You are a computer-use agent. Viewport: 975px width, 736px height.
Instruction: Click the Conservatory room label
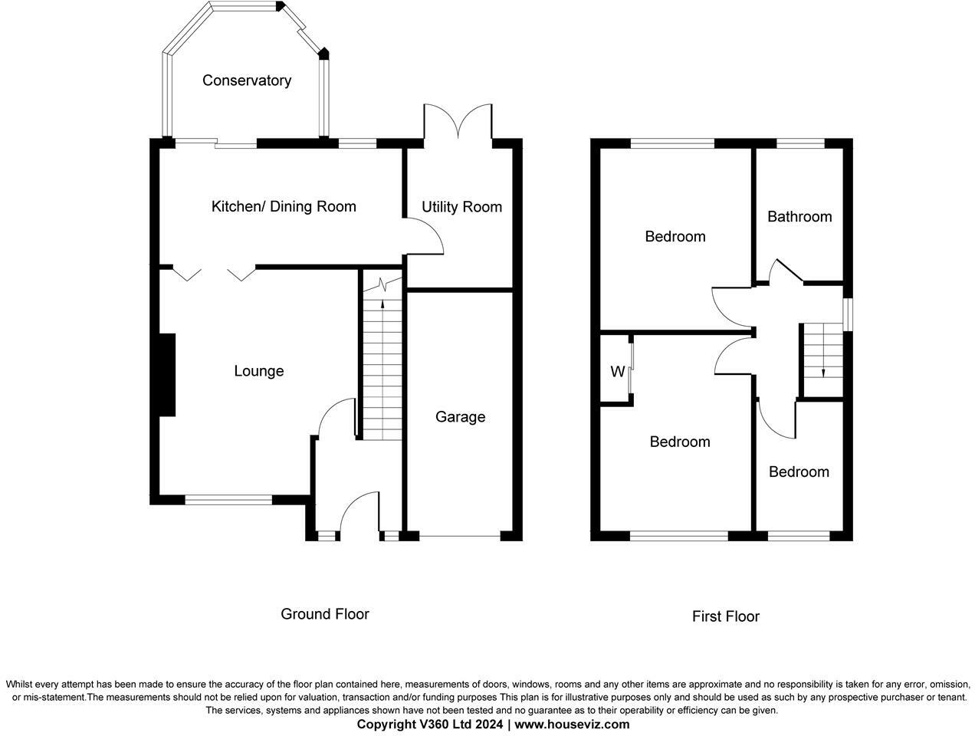247,80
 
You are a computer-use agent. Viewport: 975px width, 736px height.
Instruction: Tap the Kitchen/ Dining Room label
284,206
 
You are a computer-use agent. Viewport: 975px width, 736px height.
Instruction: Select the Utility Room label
461,207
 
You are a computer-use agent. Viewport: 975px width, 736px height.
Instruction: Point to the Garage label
460,417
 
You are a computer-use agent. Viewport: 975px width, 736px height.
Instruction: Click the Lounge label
258,371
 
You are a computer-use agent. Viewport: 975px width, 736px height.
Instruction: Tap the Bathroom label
799,217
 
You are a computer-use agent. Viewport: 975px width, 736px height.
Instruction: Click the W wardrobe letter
617,373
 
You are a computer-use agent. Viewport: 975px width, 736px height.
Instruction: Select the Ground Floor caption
324,614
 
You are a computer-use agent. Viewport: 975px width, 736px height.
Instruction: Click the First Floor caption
725,616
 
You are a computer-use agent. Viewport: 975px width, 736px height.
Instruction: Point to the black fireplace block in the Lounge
167,375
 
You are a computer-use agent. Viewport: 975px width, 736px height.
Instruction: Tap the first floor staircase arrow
823,373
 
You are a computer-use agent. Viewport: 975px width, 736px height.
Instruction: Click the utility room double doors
458,120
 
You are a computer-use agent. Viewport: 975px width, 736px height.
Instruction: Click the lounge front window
228,500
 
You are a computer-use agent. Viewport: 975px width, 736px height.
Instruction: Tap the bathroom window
800,143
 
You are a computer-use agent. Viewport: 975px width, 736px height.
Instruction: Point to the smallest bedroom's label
799,472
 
